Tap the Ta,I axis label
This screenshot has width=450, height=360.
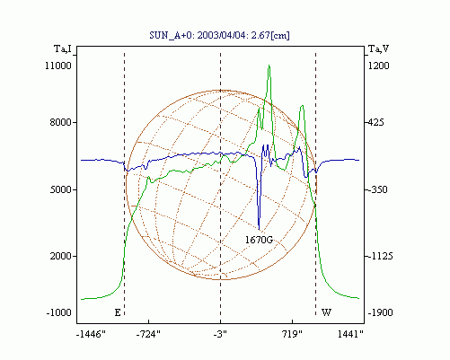[x=63, y=48]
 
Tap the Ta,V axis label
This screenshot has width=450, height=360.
[x=378, y=48]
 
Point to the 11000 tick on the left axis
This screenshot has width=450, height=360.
[x=58, y=66]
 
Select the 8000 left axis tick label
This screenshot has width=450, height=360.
[x=61, y=122]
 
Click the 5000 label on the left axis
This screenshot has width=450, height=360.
[x=61, y=189]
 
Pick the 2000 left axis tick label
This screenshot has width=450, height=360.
[x=61, y=256]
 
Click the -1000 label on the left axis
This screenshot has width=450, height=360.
[x=59, y=312]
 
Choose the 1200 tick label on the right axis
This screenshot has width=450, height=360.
[x=378, y=66]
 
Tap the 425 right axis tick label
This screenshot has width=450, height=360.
[x=375, y=122]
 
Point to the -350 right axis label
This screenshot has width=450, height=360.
[x=377, y=189]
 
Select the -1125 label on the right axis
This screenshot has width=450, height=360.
[x=380, y=256]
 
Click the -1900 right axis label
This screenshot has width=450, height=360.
[x=380, y=312]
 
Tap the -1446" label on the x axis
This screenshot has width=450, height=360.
[x=91, y=334]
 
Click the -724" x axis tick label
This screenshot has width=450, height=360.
[x=148, y=334]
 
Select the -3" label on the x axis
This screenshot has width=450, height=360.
[x=220, y=334]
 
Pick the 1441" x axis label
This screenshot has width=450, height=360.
[x=350, y=334]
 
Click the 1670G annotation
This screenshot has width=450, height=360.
[x=259, y=240]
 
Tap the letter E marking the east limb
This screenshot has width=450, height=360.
[x=118, y=312]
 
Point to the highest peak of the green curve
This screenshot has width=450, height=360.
[x=269, y=66]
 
